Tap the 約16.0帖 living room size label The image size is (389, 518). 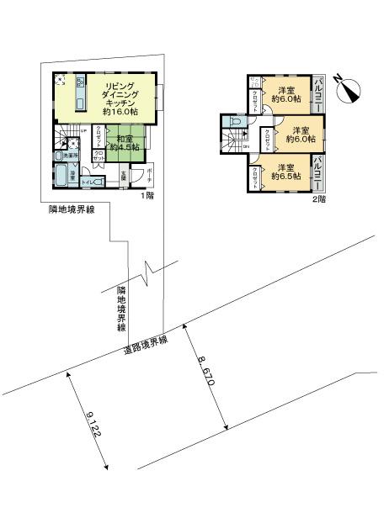[119, 110]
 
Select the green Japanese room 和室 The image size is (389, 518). [124, 143]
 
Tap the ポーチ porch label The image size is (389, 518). [149, 173]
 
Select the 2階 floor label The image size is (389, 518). [319, 199]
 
